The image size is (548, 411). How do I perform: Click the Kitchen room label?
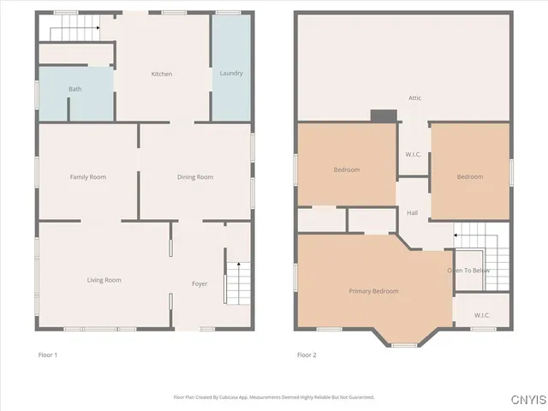[x=162, y=74]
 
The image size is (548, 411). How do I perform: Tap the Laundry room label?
[x=231, y=74]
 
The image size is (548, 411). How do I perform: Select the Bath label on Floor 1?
[x=75, y=89]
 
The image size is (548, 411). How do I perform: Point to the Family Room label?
[x=87, y=177]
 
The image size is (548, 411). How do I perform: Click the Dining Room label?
[x=194, y=177]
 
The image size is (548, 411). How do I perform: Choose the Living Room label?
[x=104, y=280]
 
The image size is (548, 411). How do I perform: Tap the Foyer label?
[x=200, y=283]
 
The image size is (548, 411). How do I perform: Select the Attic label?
[x=414, y=98]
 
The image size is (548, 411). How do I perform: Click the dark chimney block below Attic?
[x=384, y=116]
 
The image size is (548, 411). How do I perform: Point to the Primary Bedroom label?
[x=373, y=291]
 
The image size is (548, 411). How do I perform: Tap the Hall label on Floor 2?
[x=412, y=213]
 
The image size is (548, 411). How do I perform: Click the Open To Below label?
[x=468, y=271]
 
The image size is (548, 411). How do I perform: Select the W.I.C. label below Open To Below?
[x=482, y=315]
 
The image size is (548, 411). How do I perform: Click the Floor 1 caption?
[x=48, y=354]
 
